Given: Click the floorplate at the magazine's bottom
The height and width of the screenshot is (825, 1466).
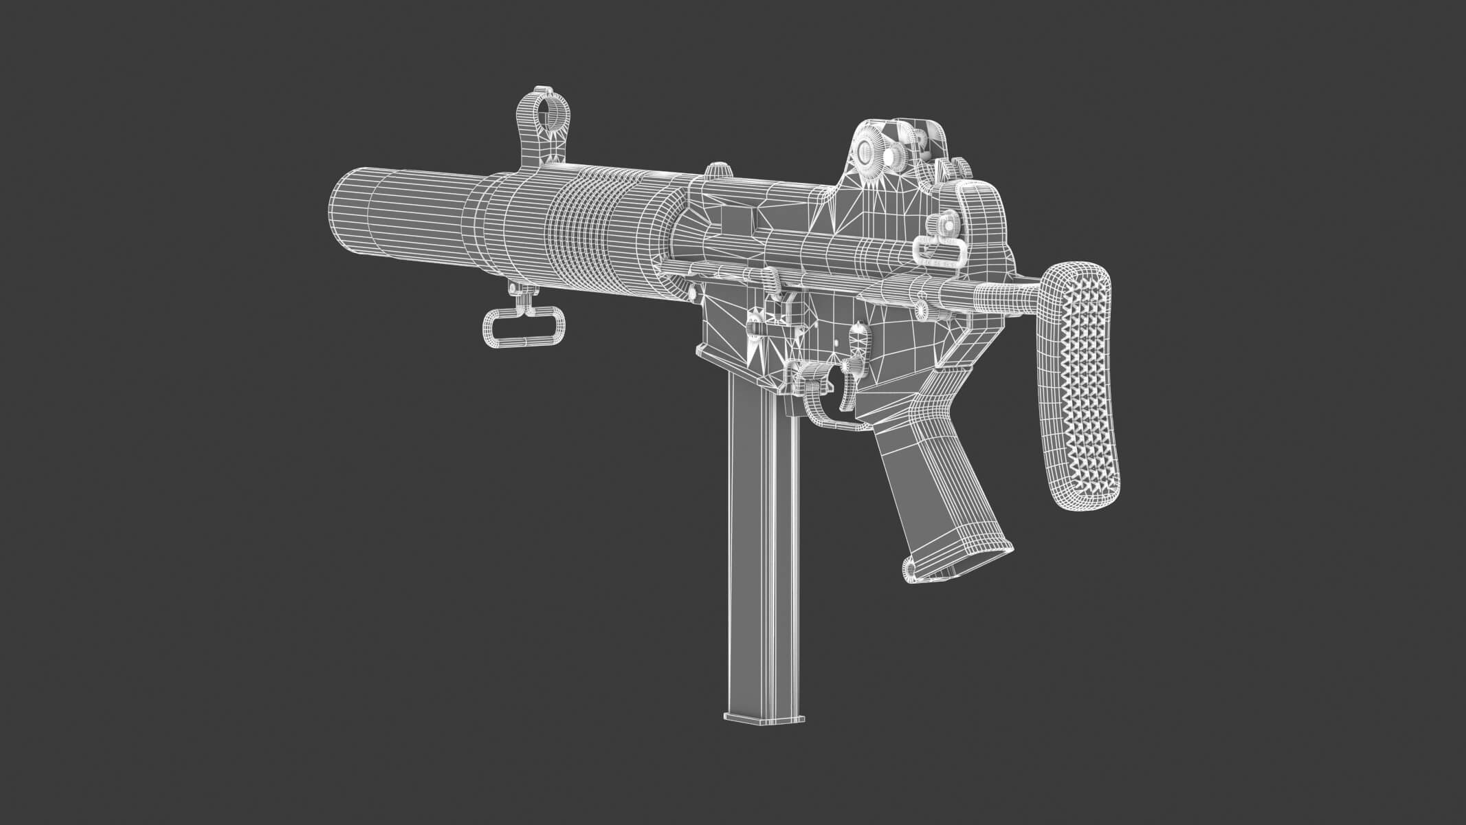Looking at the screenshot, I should pos(763,715).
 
